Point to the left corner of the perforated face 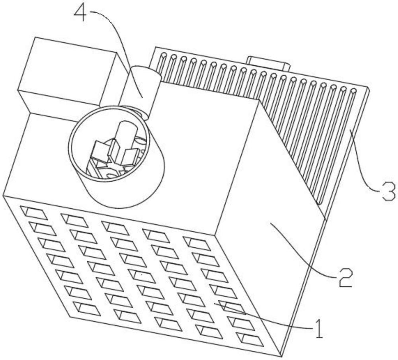pos(4,196)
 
